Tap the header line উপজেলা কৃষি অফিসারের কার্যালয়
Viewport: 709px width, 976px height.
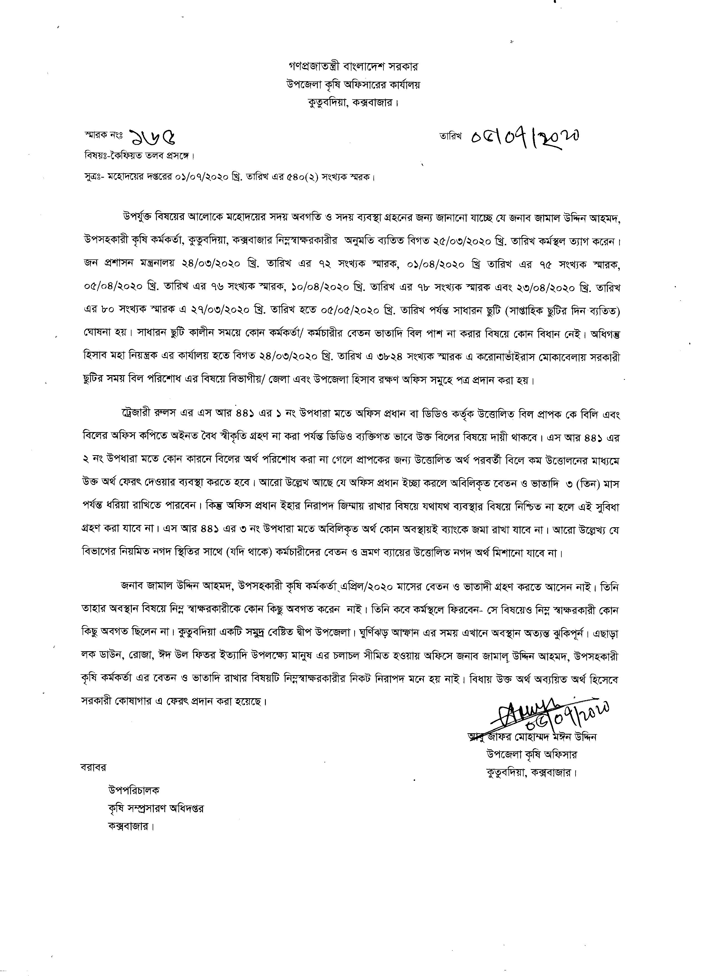click(353, 85)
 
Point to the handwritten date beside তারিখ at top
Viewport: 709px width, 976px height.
click(525, 137)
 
